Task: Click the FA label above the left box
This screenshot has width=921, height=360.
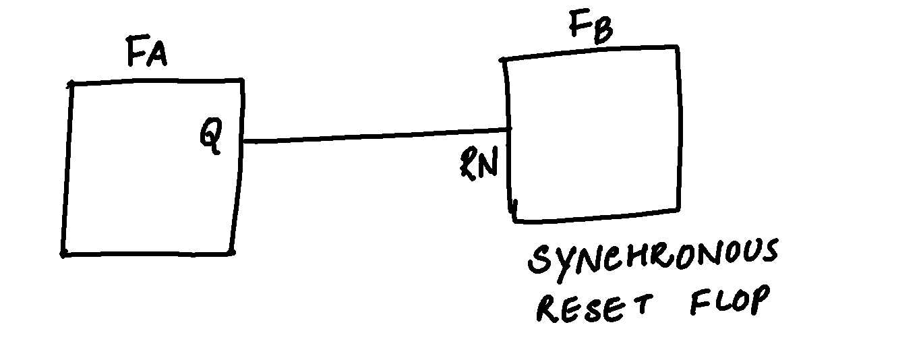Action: pyautogui.click(x=146, y=54)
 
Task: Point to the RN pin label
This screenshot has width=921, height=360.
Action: pyautogui.click(x=478, y=163)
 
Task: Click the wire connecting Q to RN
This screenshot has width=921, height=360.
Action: pyautogui.click(x=374, y=135)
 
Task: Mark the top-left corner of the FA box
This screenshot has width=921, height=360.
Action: pyautogui.click(x=71, y=84)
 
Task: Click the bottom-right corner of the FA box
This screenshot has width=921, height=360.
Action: pyautogui.click(x=231, y=253)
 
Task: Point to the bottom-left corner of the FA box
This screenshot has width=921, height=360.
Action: pyautogui.click(x=63, y=254)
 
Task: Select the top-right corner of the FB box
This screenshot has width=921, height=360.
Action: pyautogui.click(x=675, y=47)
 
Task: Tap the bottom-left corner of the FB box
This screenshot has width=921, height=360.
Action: pyautogui.click(x=515, y=219)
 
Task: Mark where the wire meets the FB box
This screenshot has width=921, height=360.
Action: pyautogui.click(x=510, y=128)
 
